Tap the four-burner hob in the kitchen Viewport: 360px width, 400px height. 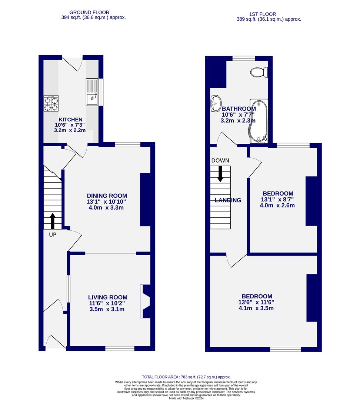[x=51, y=103]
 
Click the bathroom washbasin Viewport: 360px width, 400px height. [x=215, y=103]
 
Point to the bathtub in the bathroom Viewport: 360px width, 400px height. [x=258, y=121]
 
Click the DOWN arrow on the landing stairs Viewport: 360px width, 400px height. [x=220, y=174]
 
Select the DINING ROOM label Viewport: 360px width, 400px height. [x=107, y=196]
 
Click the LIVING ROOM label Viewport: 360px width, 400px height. [x=107, y=297]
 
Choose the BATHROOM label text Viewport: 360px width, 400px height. [x=239, y=109]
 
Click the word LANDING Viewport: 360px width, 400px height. [x=228, y=200]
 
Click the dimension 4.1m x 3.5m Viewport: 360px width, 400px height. [x=256, y=308]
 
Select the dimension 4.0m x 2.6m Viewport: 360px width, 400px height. [x=277, y=205]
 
